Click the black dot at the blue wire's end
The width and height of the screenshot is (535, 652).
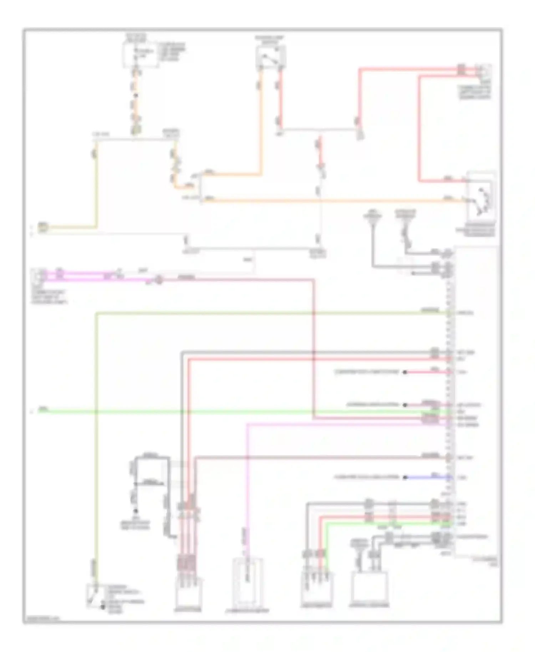click(x=405, y=477)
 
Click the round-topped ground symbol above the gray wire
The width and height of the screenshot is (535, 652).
click(x=372, y=216)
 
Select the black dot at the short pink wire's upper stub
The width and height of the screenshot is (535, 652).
click(x=405, y=372)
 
